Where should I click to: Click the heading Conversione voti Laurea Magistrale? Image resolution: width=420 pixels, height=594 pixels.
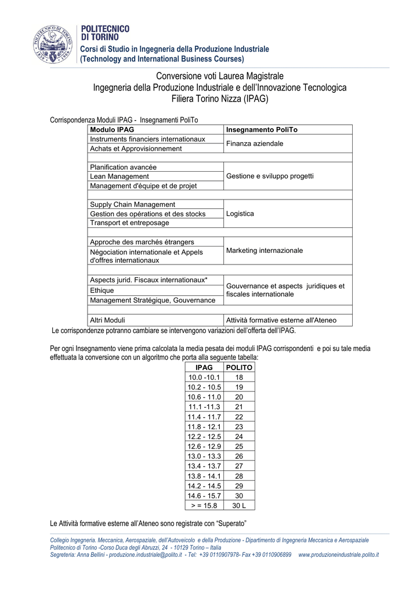click(220, 76)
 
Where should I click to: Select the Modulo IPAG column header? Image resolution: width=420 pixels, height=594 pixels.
click(112, 130)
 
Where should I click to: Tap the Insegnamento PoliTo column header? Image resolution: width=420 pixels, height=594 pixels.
click(262, 130)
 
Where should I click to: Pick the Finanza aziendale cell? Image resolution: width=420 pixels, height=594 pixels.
click(255, 143)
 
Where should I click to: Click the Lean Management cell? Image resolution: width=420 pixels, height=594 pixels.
click(120, 176)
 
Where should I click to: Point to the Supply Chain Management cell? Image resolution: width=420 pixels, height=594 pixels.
click(132, 204)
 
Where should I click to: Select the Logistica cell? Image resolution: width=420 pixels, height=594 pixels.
click(240, 213)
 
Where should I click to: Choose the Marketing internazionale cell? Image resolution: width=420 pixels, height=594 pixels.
click(265, 251)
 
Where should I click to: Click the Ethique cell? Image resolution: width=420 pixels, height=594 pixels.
click(102, 290)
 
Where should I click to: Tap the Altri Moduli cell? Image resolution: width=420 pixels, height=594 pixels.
click(107, 320)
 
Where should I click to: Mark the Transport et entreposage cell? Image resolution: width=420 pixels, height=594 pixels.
click(129, 223)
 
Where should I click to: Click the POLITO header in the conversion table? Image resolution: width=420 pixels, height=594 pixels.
click(239, 368)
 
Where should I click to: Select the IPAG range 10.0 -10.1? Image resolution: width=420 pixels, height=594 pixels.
click(204, 377)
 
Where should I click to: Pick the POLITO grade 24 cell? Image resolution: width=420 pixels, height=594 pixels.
click(239, 436)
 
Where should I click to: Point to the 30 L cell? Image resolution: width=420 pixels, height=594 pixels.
click(239, 505)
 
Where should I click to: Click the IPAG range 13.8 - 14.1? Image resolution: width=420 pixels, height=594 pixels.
click(204, 476)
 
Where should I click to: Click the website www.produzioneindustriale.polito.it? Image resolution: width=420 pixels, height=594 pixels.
click(338, 555)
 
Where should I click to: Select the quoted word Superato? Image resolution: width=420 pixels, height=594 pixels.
click(231, 524)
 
